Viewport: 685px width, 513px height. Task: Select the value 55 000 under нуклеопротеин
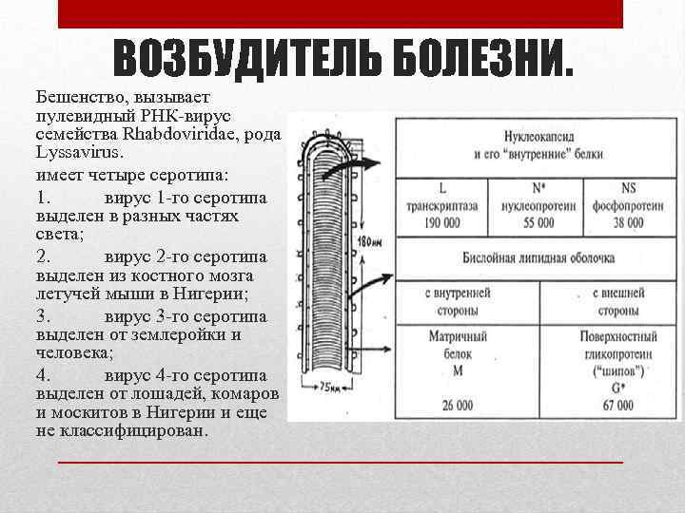(534, 222)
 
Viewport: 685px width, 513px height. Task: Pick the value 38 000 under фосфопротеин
(628, 222)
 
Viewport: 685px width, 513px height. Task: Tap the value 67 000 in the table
(617, 406)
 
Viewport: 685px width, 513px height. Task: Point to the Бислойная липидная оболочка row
(538, 257)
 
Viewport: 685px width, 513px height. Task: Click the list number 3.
(43, 316)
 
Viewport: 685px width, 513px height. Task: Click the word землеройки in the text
(177, 335)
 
